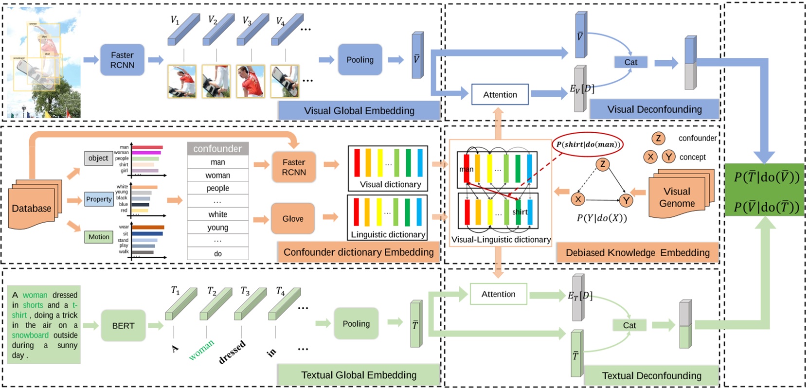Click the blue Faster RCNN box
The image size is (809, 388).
(x=122, y=60)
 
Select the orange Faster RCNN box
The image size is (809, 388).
(x=294, y=167)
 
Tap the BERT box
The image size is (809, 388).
(x=123, y=326)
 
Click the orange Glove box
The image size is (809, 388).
(x=293, y=219)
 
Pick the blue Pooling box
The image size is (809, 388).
(x=360, y=60)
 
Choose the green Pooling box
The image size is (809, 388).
(x=356, y=324)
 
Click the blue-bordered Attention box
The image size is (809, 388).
(x=500, y=95)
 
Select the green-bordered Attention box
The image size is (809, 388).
(x=498, y=294)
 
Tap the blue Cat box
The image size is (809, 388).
(x=630, y=62)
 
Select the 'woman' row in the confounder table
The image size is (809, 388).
(x=217, y=175)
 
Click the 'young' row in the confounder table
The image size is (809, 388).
(x=217, y=227)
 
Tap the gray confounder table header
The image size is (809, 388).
(x=217, y=149)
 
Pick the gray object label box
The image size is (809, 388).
(x=98, y=158)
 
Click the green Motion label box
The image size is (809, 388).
(x=99, y=237)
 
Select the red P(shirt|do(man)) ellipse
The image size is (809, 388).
(x=588, y=144)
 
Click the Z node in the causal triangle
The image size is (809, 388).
(x=603, y=164)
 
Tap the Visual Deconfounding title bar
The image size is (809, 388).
(x=654, y=109)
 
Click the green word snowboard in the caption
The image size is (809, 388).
(x=30, y=335)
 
